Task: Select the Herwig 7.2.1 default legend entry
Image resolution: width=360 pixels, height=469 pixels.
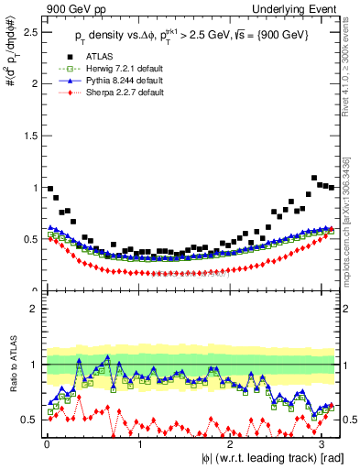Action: click(x=115, y=69)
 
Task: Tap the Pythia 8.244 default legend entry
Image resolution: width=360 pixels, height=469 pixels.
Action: click(x=115, y=81)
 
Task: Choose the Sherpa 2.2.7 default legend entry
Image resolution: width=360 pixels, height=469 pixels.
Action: click(x=115, y=93)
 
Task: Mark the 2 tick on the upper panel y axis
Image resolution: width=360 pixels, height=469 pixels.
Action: click(x=34, y=83)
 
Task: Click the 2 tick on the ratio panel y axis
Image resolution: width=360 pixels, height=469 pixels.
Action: click(x=34, y=310)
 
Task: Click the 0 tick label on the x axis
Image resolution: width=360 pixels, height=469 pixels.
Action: click(x=47, y=444)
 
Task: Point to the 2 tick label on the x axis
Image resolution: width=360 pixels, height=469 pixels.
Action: click(x=231, y=444)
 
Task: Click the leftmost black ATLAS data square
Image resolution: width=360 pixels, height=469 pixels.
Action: click(x=49, y=188)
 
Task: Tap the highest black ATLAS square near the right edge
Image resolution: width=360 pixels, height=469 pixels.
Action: click(x=314, y=178)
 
